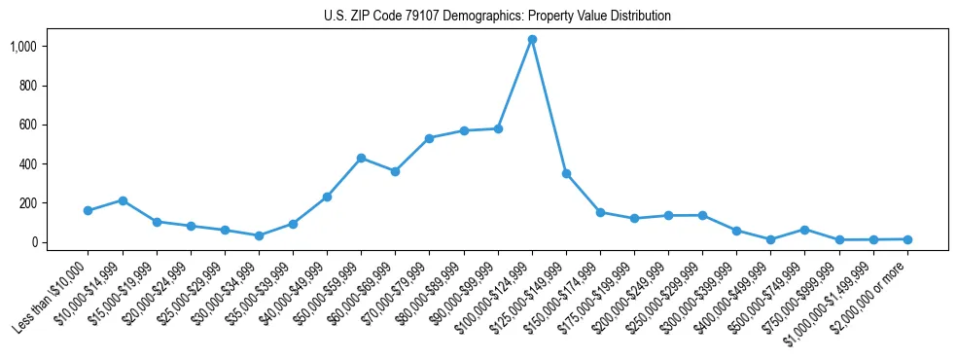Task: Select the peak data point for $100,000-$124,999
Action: pos(532,40)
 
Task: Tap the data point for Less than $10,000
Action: pos(88,210)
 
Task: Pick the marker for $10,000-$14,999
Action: pos(123,200)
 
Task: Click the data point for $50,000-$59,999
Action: pos(361,158)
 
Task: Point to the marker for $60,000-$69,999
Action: pos(395,171)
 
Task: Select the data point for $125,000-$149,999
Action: pos(566,173)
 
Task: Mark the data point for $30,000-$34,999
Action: pos(259,235)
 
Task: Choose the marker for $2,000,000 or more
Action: pos(907,239)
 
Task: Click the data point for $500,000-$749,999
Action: pos(804,230)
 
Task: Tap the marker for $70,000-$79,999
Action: pos(429,138)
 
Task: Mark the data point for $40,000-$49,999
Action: pos(327,197)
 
